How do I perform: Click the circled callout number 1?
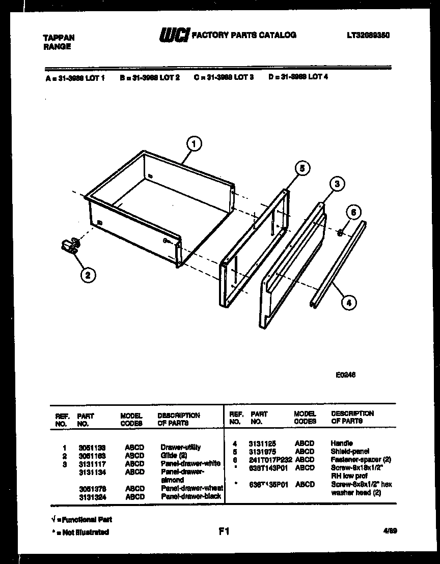click(193, 144)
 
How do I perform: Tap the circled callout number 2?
click(88, 275)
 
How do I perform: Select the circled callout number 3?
click(337, 184)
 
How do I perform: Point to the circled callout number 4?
click(348, 303)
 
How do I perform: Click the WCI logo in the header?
click(175, 35)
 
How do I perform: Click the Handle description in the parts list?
click(341, 443)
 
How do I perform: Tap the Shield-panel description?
click(350, 451)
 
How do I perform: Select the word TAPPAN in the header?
click(58, 38)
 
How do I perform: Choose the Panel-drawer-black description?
click(191, 496)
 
